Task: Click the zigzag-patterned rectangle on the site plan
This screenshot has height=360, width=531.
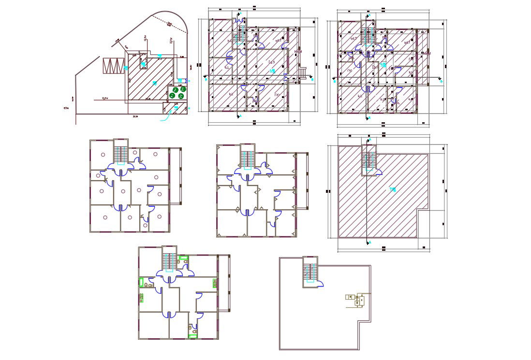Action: point(114,65)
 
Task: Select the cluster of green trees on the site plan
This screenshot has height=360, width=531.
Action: point(178,92)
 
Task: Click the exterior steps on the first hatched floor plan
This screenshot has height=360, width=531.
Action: point(303,73)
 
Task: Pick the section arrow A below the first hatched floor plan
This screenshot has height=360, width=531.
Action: point(238,116)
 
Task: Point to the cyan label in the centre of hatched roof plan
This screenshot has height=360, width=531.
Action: point(392,189)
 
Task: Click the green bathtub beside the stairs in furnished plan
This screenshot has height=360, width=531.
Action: point(183,259)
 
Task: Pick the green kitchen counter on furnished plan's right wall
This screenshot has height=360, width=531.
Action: point(213,284)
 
